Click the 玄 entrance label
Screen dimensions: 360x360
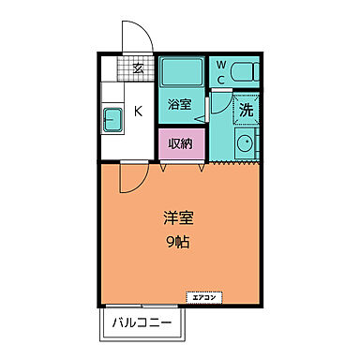(137, 67)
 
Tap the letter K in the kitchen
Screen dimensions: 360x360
(137, 112)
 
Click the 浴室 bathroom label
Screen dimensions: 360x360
(180, 104)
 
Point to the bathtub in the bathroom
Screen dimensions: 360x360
(180, 72)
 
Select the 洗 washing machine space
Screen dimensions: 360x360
(245, 108)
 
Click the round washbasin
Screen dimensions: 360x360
(246, 145)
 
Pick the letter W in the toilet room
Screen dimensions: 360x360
(220, 65)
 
